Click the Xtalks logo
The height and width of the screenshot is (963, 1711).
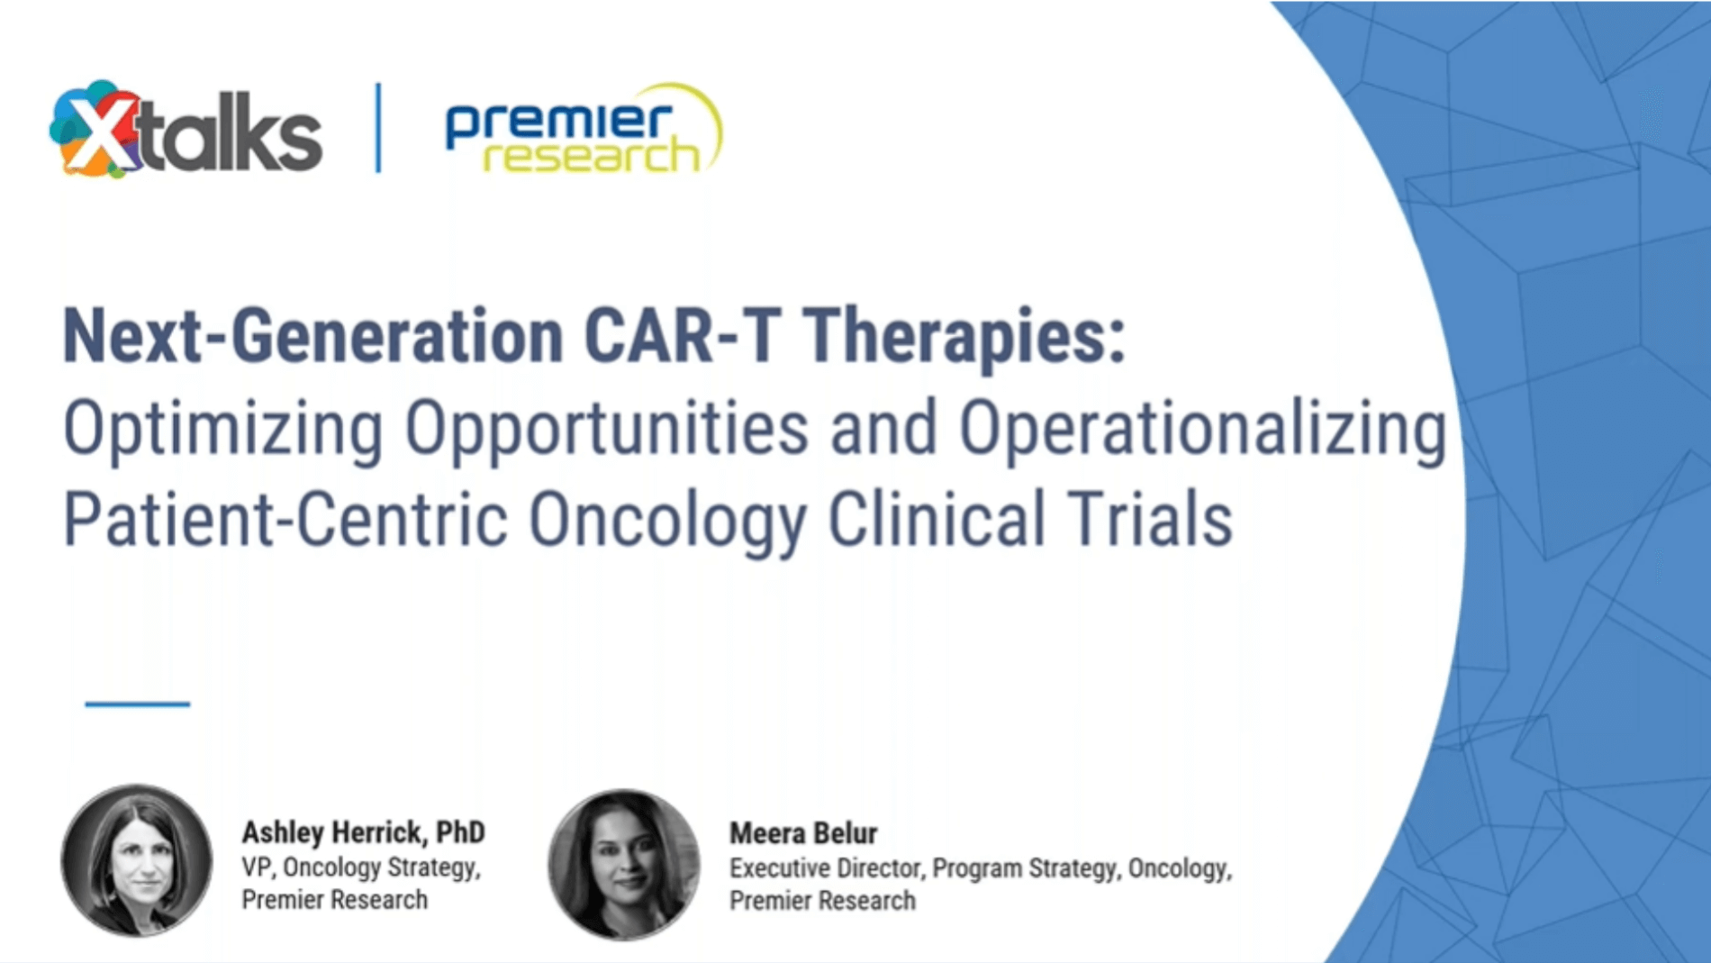[x=186, y=131]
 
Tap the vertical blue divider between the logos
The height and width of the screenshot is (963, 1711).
[x=378, y=128]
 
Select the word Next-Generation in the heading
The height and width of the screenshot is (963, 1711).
[x=312, y=336]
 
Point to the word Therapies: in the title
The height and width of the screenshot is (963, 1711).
[x=964, y=336]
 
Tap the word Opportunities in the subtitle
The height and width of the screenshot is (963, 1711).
[x=606, y=429]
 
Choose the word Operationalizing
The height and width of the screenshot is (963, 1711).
[x=1202, y=429]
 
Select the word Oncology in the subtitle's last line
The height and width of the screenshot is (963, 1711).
[x=667, y=520]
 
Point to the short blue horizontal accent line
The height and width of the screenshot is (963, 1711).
[x=137, y=704]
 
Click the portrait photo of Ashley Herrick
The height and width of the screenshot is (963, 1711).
[x=137, y=859]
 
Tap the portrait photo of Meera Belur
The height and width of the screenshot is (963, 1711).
[x=624, y=863]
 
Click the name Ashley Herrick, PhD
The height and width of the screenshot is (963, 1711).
[x=363, y=832]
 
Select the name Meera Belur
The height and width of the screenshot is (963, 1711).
[x=803, y=833]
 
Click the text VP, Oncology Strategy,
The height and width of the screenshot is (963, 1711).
[x=360, y=867]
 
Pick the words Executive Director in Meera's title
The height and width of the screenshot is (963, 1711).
[x=826, y=868]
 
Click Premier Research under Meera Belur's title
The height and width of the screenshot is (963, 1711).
[x=822, y=901]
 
